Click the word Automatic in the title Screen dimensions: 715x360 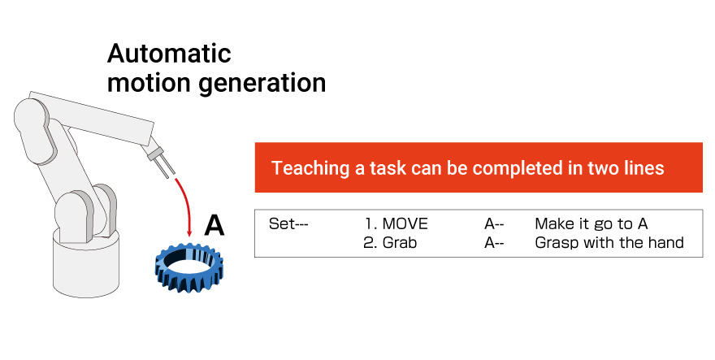coord(169,54)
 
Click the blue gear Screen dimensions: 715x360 coord(188,268)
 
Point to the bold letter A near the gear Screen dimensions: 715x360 coord(214,225)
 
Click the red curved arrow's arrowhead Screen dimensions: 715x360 coord(189,232)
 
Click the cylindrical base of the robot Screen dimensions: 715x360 coord(86,265)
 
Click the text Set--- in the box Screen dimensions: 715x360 coord(288,224)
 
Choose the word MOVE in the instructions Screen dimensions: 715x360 coord(405,223)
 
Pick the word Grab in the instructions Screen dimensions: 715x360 coord(400,243)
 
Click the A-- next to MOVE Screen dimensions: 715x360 coord(494,224)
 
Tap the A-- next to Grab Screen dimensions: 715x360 coord(494,243)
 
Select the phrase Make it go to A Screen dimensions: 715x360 coord(591,224)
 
